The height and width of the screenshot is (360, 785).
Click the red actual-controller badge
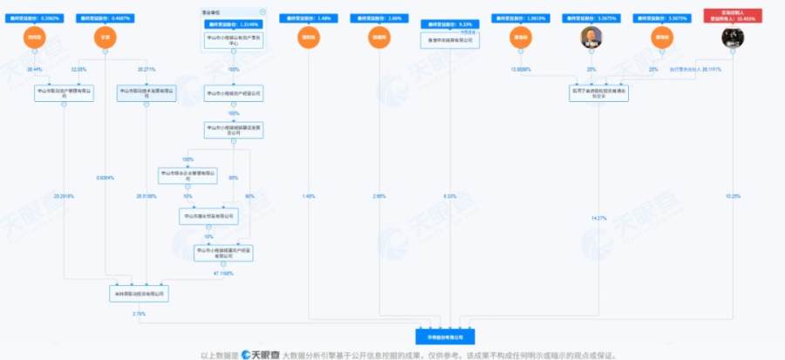click(732, 17)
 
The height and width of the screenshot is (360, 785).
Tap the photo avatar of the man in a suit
click(592, 37)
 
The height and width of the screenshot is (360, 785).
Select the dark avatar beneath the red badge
click(732, 37)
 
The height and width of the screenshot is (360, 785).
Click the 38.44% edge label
click(36, 67)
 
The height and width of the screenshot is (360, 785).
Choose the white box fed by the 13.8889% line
click(597, 92)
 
